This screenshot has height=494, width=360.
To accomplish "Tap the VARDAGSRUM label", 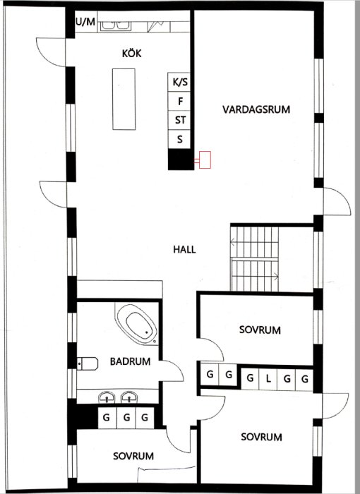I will (x=256, y=109).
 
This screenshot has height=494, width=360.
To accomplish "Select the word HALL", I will (x=184, y=249).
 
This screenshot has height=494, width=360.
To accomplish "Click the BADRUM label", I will (x=131, y=362).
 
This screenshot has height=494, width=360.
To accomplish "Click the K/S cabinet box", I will (x=180, y=82).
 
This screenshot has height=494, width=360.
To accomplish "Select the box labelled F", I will (x=180, y=101).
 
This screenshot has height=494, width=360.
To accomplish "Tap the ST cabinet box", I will (x=180, y=120).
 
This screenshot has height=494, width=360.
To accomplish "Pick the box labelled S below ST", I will (x=180, y=139).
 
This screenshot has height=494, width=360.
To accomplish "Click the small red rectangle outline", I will (x=205, y=160).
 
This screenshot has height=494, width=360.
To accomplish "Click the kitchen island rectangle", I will (x=125, y=98).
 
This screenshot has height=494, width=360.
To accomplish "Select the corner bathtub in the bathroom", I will (x=137, y=325).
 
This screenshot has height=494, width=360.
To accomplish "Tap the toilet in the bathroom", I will (x=85, y=363).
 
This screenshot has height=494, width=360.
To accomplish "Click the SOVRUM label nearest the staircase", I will (x=260, y=330).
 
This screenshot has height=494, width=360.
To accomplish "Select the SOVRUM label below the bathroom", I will (x=133, y=456).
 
